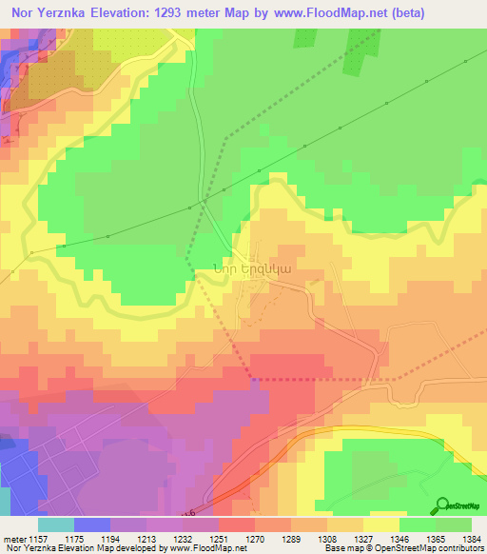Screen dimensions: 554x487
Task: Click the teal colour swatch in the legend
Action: pos(55,525)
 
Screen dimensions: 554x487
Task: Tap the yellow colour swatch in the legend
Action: pos(381,525)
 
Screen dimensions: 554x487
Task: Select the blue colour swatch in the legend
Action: pos(91,525)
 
